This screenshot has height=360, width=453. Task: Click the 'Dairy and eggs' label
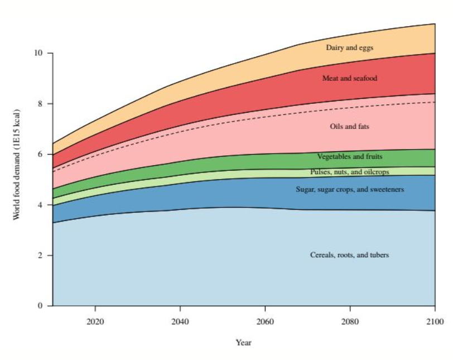pos(350,47)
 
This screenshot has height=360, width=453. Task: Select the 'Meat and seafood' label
pos(350,78)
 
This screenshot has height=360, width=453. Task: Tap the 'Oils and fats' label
pos(350,127)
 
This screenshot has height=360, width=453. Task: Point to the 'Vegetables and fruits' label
pos(350,157)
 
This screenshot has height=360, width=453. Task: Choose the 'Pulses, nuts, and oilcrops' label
pos(350,172)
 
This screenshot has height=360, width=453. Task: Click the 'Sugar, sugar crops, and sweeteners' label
pos(350,190)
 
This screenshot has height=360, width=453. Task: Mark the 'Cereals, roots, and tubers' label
pos(350,255)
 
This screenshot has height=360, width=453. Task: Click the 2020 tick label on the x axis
pos(95,321)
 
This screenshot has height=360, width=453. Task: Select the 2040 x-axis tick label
pos(180,321)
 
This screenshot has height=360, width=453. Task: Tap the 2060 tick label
pos(265,321)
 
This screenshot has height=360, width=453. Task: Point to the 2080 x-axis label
pos(350,321)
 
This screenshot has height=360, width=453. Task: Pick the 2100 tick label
pos(435,321)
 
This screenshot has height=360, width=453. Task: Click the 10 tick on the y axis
pos(38,53)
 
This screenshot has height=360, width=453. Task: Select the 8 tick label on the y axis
pos(40,103)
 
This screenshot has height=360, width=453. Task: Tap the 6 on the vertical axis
pos(40,154)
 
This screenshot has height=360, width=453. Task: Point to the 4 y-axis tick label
pos(40,205)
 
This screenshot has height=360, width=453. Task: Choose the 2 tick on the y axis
pos(40,255)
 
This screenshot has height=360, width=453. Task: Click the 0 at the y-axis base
pos(40,305)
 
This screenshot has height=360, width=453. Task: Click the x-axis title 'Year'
pos(244,343)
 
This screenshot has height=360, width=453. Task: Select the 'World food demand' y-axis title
pos(17,165)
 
